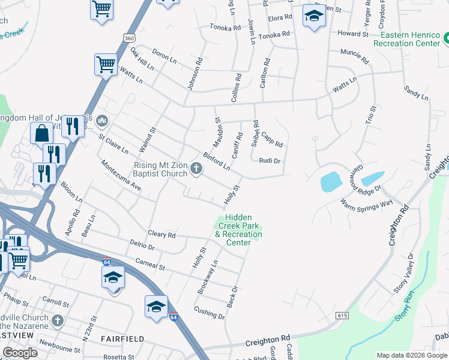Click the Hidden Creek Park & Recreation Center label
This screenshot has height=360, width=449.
point(238,230)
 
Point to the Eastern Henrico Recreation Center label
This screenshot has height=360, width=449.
point(406,40)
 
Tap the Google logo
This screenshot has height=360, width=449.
point(20,353)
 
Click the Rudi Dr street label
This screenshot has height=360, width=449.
point(270,160)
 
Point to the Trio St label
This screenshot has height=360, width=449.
point(371,115)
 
